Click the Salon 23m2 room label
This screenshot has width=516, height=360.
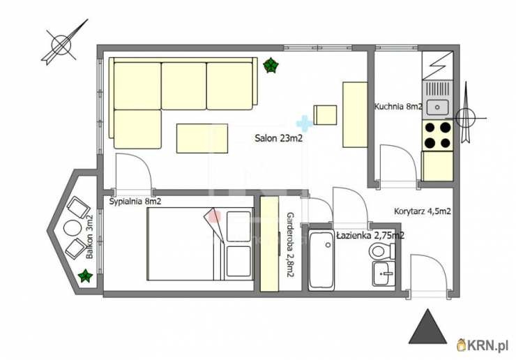[x=278, y=138]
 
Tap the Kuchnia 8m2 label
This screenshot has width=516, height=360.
[x=399, y=106]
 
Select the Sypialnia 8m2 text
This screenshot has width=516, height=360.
[x=135, y=201]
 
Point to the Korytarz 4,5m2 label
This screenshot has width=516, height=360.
[x=422, y=211]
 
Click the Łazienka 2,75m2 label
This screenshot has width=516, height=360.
[x=370, y=235]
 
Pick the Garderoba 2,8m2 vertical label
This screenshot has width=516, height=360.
[x=290, y=244]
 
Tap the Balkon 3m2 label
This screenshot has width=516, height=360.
[x=89, y=237]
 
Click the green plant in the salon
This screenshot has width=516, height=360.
[x=271, y=65]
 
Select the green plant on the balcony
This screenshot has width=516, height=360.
[x=86, y=276]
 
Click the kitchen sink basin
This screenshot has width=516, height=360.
[x=437, y=107]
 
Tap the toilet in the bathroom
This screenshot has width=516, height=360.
[x=382, y=251]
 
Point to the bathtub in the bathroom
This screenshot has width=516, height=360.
[x=321, y=261]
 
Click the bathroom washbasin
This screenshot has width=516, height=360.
[x=384, y=273]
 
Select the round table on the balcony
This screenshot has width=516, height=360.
[x=73, y=228]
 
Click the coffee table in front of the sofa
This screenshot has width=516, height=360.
[x=202, y=138]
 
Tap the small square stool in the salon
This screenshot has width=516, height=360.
[x=325, y=115]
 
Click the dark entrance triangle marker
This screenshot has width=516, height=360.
[x=427, y=327]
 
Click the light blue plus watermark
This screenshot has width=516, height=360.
[x=304, y=123]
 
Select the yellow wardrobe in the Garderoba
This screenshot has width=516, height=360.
[x=270, y=243]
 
